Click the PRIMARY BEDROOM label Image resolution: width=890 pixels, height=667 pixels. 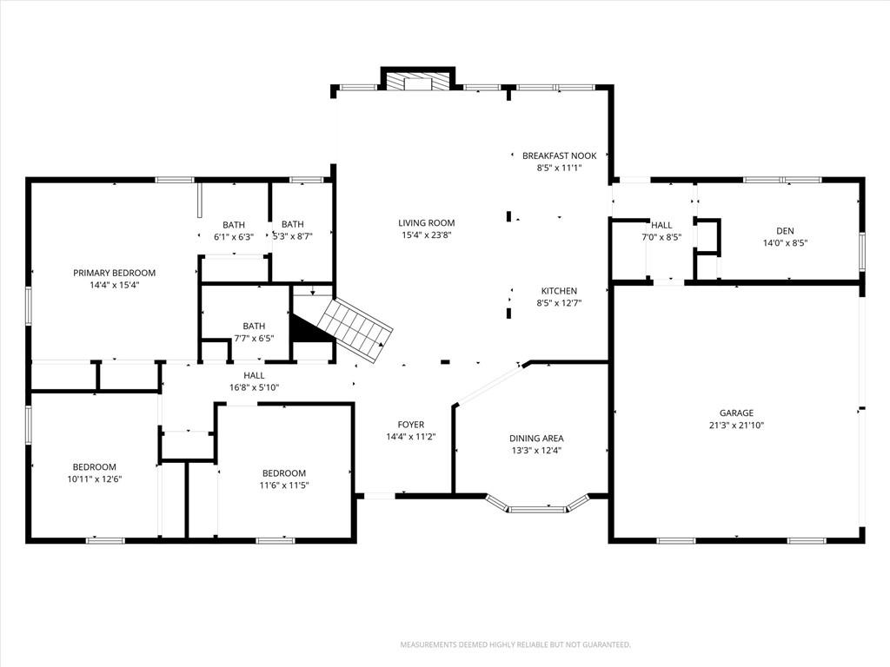coord(114,273)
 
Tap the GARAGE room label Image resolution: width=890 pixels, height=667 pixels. coord(737,413)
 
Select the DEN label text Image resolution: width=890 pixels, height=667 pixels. coord(786,231)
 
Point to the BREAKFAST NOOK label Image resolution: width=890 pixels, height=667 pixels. coord(560,155)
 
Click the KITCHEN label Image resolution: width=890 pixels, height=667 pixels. coord(559,291)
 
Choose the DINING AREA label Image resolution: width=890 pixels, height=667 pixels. coord(536,439)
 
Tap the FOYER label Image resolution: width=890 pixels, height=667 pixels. coord(411,424)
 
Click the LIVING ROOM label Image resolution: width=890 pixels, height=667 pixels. coord(426,223)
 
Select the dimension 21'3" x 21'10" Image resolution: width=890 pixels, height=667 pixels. coord(737,426)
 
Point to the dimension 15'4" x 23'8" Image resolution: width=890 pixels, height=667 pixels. coord(426,235)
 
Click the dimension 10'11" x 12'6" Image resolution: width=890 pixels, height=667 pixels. coord(94,479)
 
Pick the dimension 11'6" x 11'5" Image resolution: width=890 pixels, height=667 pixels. coord(284,485)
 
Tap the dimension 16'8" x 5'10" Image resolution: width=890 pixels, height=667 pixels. coord(254,388)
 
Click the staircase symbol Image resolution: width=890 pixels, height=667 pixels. coord(355,330)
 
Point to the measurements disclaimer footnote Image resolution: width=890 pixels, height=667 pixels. coord(515,645)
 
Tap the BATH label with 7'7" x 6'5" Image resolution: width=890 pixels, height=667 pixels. coord(254,327)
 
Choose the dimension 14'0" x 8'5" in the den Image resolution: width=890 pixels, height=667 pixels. coord(786,243)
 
